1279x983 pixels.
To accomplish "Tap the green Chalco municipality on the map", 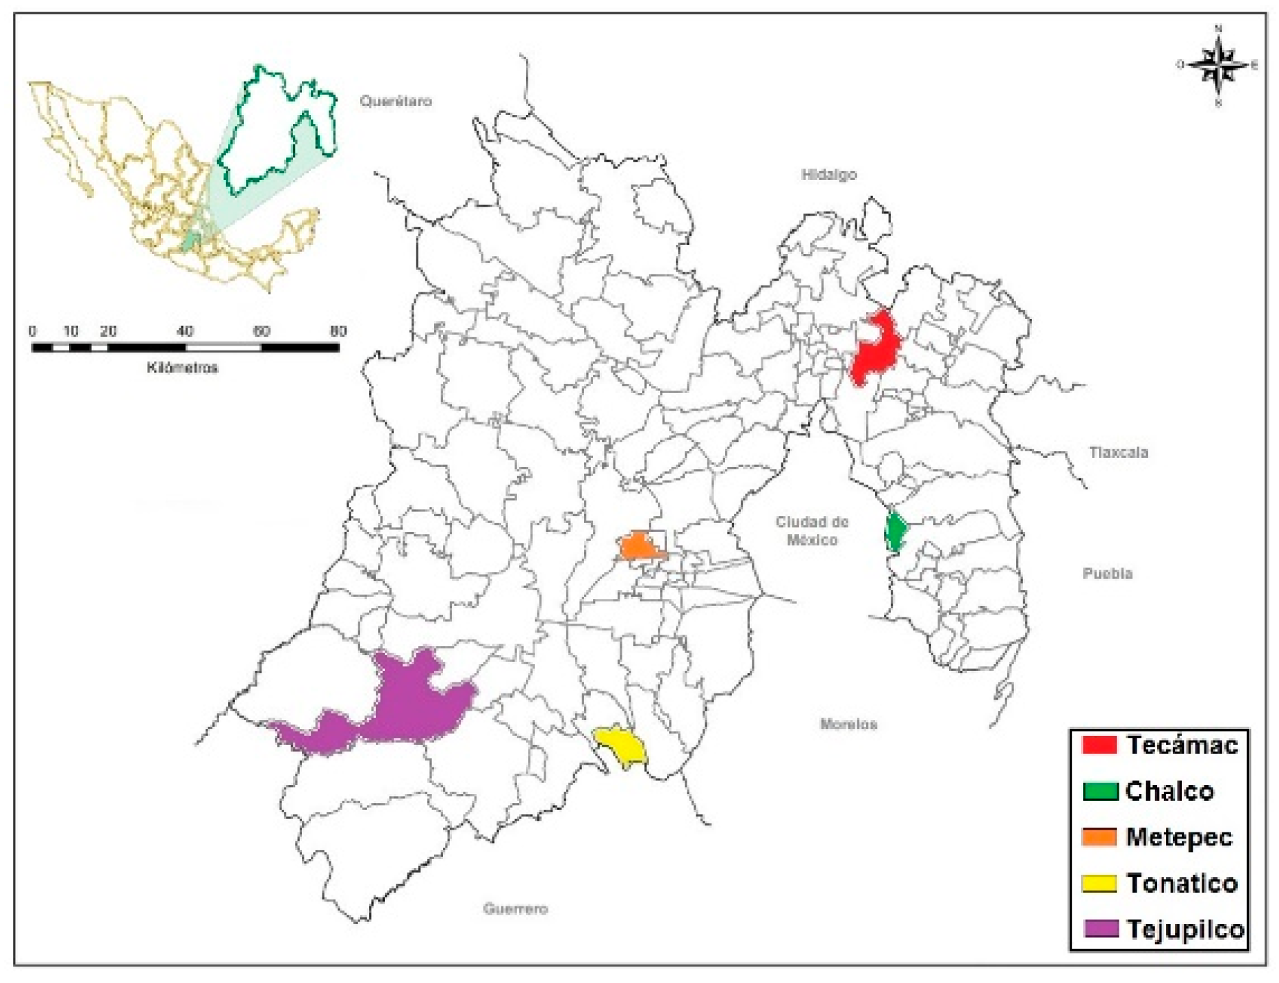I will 895,531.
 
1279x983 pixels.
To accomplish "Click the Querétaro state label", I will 396,101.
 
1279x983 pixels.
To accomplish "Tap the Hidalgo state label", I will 828,175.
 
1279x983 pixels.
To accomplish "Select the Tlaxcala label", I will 1118,452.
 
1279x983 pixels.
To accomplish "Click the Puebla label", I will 1107,574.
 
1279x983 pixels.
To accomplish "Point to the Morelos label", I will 848,724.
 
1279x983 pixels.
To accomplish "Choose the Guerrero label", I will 515,909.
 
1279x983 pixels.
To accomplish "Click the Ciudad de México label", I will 811,531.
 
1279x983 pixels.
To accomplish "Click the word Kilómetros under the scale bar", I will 182,368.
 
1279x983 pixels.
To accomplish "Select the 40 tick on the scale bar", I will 185,331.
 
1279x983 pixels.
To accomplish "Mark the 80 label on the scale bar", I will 338,331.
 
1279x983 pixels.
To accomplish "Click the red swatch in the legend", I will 1099,745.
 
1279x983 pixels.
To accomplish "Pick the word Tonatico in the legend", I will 1182,883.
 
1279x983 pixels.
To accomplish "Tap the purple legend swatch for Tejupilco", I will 1100,929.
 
